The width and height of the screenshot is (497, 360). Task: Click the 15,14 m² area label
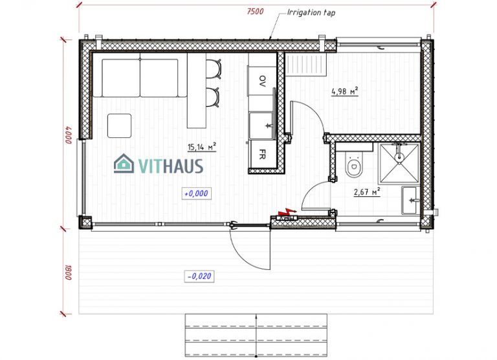click(201, 148)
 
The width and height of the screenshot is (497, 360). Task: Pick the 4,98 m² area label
click(344, 91)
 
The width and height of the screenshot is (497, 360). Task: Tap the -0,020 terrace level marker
click(199, 276)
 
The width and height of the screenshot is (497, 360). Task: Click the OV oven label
click(261, 81)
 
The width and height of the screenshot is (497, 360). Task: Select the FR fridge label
click(262, 155)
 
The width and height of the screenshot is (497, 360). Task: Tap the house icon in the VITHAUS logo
click(123, 164)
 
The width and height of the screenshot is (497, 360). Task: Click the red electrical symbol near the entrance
click(284, 213)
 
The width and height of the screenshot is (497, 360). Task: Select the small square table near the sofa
click(119, 124)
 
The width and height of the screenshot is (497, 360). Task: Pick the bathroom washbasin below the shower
click(410, 200)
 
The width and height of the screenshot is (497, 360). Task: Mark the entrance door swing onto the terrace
click(249, 249)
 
